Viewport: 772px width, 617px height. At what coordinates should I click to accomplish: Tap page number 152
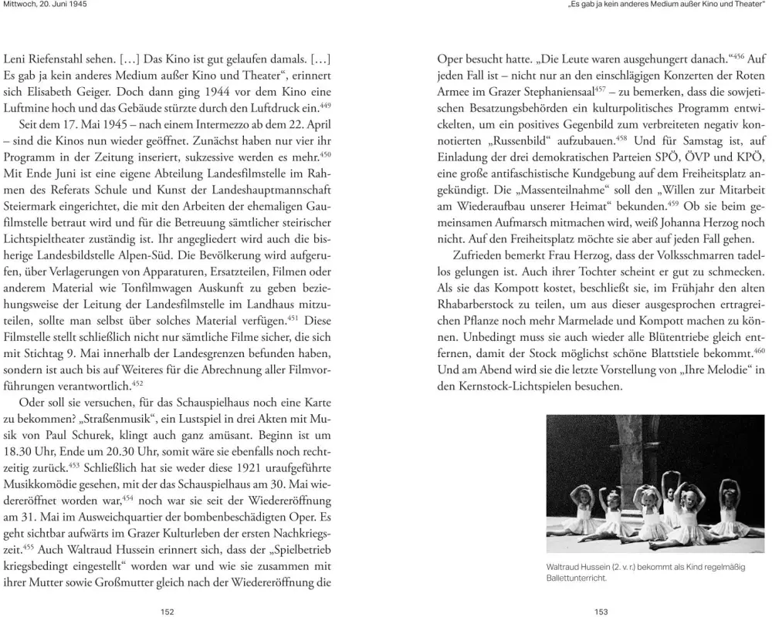point(166,611)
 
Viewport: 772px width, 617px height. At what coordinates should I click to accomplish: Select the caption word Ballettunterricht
point(574,578)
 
